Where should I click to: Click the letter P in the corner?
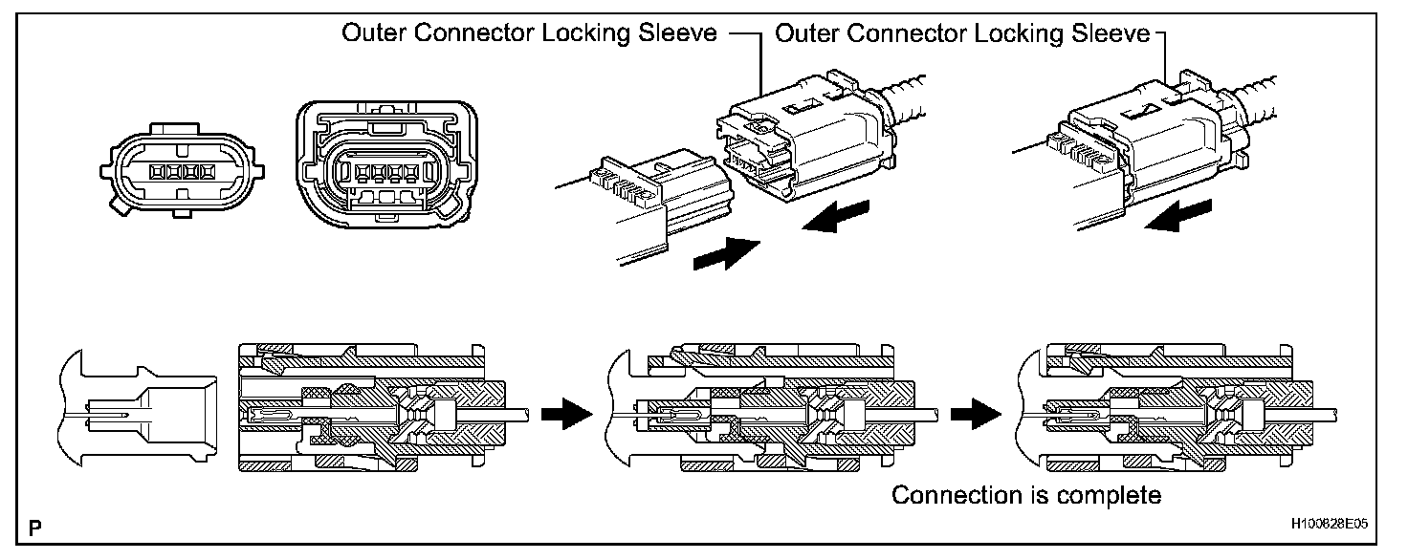click(35, 528)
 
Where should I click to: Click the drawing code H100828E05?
click(1329, 524)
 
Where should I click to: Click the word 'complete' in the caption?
click(1109, 495)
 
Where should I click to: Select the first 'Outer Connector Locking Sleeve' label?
click(529, 32)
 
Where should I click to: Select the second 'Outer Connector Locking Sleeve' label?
click(962, 32)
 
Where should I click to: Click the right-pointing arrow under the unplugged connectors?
click(727, 254)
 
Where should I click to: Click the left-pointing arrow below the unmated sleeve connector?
click(835, 216)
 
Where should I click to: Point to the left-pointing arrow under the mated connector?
click(1177, 215)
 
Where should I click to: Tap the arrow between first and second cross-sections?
click(567, 414)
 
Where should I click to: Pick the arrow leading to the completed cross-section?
click(976, 414)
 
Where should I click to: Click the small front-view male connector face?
click(183, 171)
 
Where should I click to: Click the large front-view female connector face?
click(386, 164)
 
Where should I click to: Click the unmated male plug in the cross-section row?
click(139, 408)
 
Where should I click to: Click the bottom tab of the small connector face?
click(182, 214)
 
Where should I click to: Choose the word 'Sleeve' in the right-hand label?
click(1111, 32)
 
